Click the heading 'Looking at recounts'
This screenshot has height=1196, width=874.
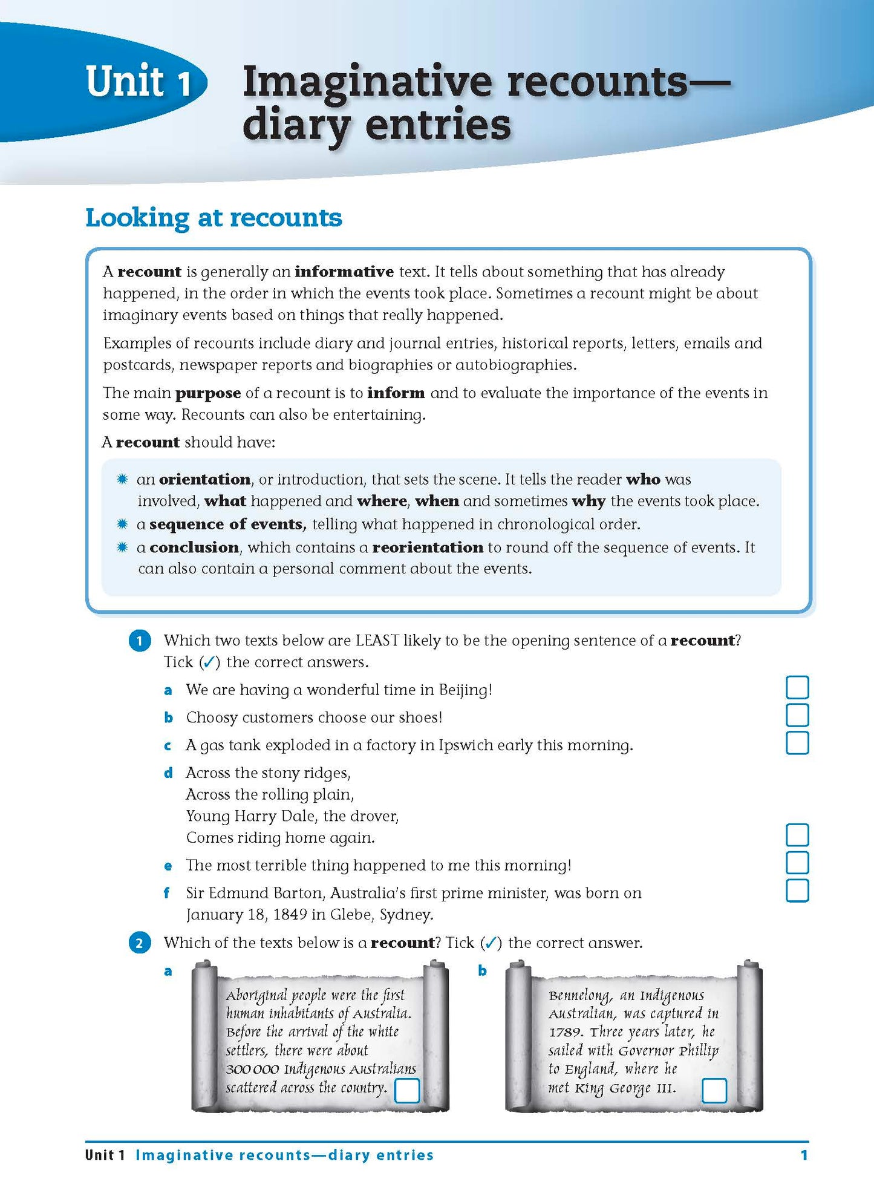[214, 218]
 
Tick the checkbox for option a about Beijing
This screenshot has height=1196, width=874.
[797, 687]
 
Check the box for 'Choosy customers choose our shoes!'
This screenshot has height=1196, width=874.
[797, 715]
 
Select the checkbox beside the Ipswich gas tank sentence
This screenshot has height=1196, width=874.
[797, 743]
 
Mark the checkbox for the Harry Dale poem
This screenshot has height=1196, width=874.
[797, 835]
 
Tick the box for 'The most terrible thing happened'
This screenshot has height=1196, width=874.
[797, 863]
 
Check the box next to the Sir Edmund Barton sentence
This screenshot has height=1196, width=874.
[797, 890]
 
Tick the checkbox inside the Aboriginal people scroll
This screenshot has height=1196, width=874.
[406, 1091]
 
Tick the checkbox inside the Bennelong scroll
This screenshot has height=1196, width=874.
[714, 1091]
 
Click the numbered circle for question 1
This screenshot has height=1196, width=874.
[140, 641]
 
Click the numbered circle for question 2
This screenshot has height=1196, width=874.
[140, 943]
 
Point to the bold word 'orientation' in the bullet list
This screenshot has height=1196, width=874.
[204, 479]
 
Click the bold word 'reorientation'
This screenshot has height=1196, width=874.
[427, 547]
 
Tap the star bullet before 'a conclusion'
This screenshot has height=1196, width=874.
[122, 547]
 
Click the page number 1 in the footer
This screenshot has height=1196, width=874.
[804, 1155]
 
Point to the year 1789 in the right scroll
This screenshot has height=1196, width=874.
[565, 1033]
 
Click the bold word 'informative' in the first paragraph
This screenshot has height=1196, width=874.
[344, 272]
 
